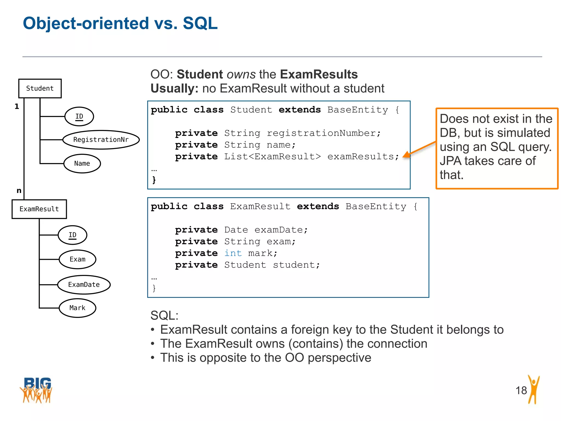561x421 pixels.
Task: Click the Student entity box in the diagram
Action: pyautogui.click(x=40, y=89)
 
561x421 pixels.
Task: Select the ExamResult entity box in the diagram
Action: pyautogui.click(x=39, y=209)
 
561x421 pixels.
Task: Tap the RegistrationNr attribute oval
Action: pyautogui.click(x=101, y=140)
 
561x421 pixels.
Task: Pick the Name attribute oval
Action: pyautogui.click(x=82, y=164)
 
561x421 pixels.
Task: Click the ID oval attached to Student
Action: pyautogui.click(x=79, y=116)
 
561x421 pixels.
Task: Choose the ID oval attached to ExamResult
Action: pyautogui.click(x=72, y=235)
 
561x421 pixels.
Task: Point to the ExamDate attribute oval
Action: pyautogui.click(x=84, y=285)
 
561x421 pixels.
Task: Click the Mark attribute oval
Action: pyautogui.click(x=78, y=308)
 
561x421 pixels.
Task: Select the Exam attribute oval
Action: pyautogui.click(x=78, y=259)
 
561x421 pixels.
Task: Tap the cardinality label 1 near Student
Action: pyautogui.click(x=17, y=106)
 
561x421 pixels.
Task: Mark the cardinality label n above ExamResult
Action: pyautogui.click(x=19, y=190)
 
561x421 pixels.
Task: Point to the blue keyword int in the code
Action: pyautogui.click(x=233, y=253)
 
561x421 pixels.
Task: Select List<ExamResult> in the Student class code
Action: pyautogui.click(x=272, y=157)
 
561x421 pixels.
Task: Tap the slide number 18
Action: pyautogui.click(x=521, y=390)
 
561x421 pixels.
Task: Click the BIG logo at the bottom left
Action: pyautogui.click(x=36, y=390)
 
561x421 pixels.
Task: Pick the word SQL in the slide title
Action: pyautogui.click(x=200, y=23)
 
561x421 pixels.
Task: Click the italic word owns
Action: pyautogui.click(x=241, y=75)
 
